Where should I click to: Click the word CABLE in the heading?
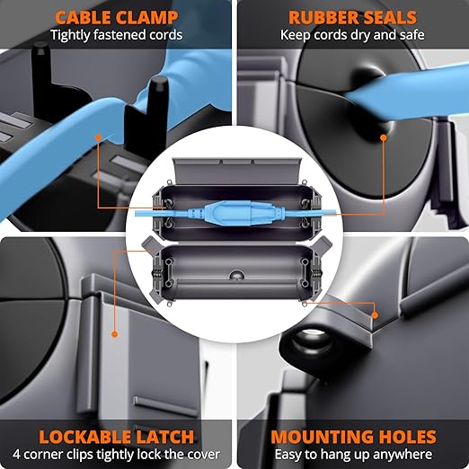click(x=84, y=17)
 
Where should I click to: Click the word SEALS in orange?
click(x=386, y=17)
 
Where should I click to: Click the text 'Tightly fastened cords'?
click(x=116, y=35)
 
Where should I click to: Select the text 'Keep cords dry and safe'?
click(x=352, y=35)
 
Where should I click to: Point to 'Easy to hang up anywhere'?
click(x=353, y=455)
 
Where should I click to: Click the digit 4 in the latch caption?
click(x=16, y=455)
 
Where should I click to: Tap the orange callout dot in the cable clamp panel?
click(x=98, y=137)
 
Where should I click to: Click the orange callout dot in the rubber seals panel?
click(x=384, y=137)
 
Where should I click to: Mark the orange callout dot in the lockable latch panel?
click(x=114, y=334)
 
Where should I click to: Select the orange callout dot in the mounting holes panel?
click(x=375, y=315)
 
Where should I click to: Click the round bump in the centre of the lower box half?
click(x=236, y=274)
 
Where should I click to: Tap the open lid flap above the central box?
click(x=236, y=172)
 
